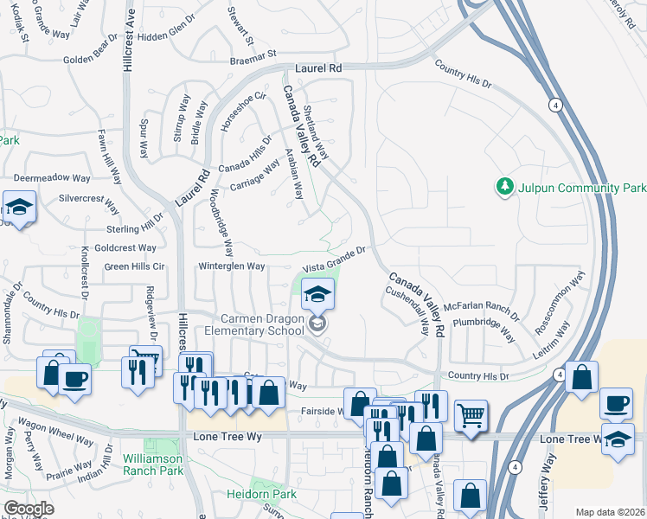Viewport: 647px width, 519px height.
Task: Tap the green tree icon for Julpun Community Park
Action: pyautogui.click(x=503, y=187)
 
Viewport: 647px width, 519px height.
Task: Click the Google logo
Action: pyautogui.click(x=29, y=509)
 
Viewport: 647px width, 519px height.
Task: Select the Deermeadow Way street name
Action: pyautogui.click(x=52, y=177)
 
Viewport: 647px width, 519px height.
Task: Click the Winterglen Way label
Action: pyautogui.click(x=232, y=266)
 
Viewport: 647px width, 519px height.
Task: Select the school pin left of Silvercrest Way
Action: pyautogui.click(x=17, y=208)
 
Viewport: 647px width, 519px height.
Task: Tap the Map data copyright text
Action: pyautogui.click(x=609, y=512)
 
